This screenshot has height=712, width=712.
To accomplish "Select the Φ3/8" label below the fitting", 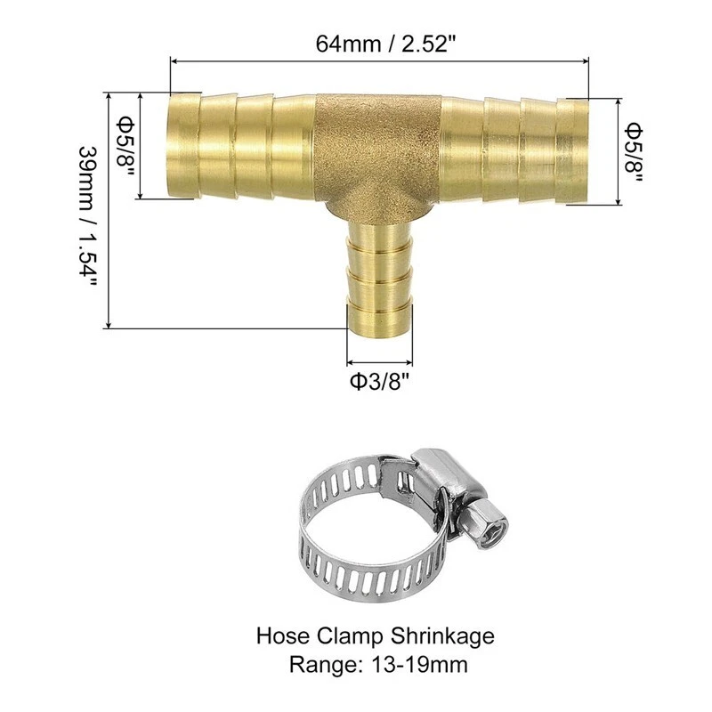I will [x=380, y=384].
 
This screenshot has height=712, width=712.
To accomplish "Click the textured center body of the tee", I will [x=377, y=151].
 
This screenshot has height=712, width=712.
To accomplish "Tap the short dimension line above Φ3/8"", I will [x=380, y=362].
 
